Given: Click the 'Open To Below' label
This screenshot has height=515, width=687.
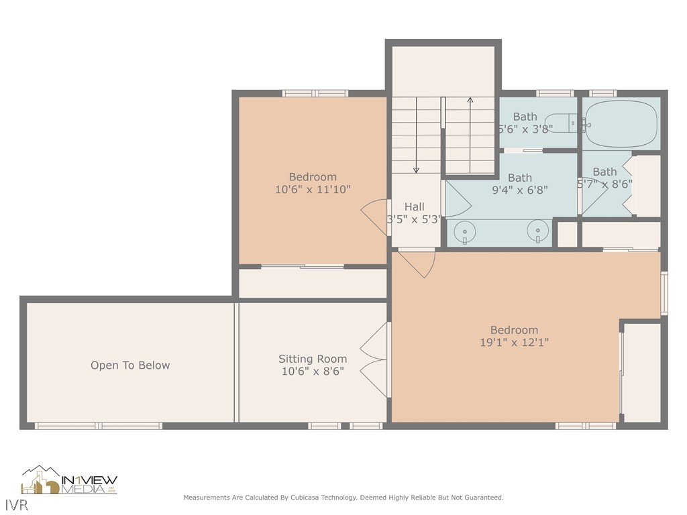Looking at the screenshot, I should (130, 365).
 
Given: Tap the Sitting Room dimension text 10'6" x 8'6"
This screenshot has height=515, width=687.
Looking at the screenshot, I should (313, 371).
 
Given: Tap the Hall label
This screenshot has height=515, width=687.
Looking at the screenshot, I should (414, 207).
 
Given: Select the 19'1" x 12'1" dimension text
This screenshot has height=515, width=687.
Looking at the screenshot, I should (514, 342).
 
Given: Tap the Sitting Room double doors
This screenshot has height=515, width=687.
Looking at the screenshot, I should (374, 359).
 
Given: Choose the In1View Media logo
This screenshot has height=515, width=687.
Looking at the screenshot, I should (69, 480).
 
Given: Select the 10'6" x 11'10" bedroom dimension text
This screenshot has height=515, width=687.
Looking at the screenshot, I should (313, 190).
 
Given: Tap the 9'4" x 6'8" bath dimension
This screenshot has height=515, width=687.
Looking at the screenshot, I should (520, 190).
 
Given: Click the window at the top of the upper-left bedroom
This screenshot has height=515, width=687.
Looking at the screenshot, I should (315, 93).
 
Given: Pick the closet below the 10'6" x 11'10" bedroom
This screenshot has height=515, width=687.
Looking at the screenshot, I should (313, 283).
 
